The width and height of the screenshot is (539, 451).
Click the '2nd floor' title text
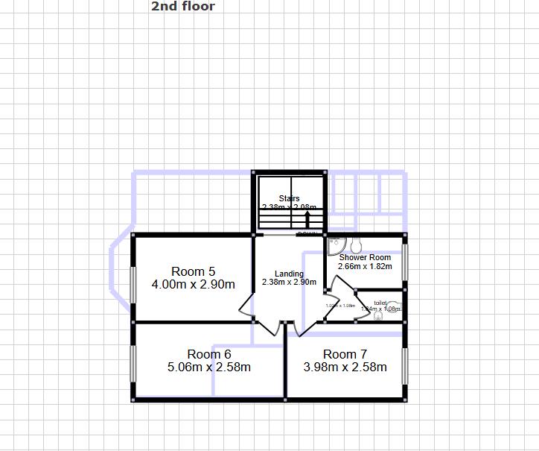pyautogui.click(x=183, y=7)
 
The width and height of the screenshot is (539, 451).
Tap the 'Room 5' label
pyautogui.click(x=193, y=271)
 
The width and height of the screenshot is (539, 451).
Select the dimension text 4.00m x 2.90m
pyautogui.click(x=193, y=285)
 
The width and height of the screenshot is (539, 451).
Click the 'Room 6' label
pyautogui.click(x=209, y=354)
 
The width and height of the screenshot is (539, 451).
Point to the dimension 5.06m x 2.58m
pyautogui.click(x=209, y=368)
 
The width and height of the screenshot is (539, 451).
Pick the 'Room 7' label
pyautogui.click(x=345, y=354)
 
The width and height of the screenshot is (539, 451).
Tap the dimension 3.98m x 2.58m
pyautogui.click(x=345, y=368)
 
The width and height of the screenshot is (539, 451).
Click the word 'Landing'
pyautogui.click(x=289, y=274)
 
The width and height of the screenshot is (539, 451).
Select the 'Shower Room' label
pyautogui.click(x=365, y=257)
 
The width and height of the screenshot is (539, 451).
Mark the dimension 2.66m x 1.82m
pyautogui.click(x=365, y=266)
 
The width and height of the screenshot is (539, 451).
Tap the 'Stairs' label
pyautogui.click(x=289, y=198)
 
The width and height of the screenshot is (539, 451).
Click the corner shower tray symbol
pyautogui.click(x=335, y=243)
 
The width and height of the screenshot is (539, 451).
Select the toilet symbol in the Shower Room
pyautogui.click(x=356, y=244)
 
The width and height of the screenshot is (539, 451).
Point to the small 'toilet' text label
pyautogui.click(x=380, y=303)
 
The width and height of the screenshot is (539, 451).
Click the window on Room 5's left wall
pyautogui.click(x=134, y=284)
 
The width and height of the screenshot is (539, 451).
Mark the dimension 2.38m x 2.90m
pyautogui.click(x=289, y=283)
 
